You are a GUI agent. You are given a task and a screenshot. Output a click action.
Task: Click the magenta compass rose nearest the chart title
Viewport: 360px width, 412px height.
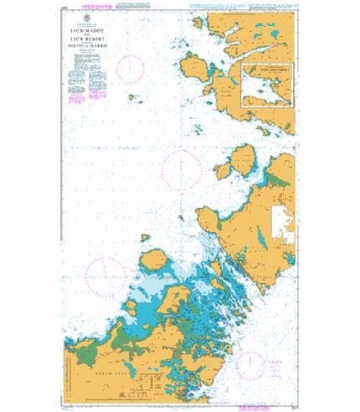[132, 67]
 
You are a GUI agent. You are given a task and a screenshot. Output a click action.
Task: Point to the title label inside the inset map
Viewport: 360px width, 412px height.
[266, 71]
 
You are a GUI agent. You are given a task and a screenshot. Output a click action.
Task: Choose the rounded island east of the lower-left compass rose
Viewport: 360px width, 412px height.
[153, 260]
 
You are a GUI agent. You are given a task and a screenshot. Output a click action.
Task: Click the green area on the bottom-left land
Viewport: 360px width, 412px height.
[93, 338]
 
